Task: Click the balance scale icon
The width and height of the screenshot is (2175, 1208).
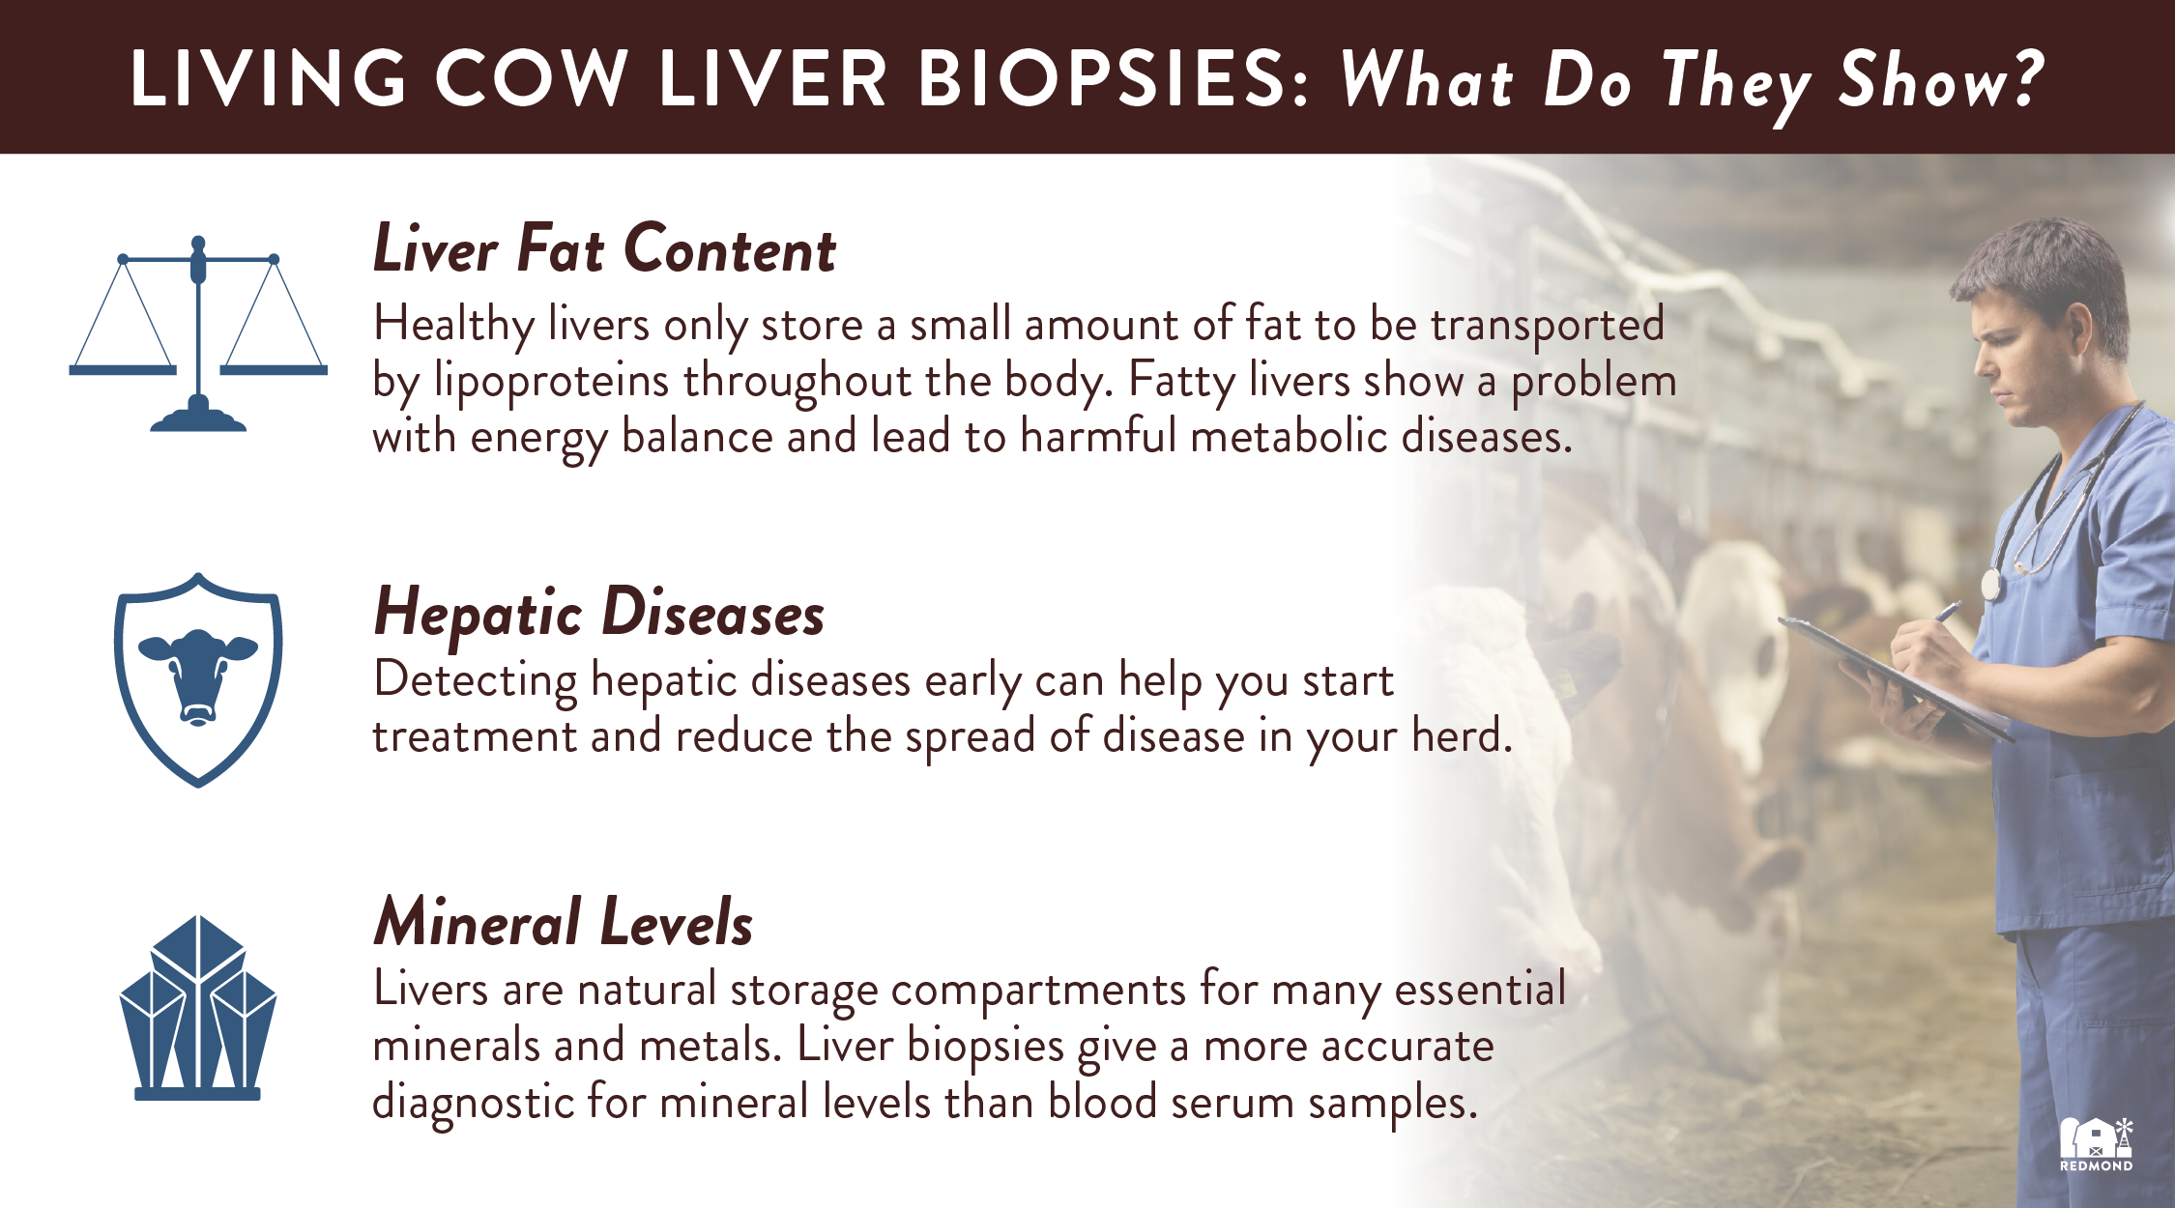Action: click(198, 333)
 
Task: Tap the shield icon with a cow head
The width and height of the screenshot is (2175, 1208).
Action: click(198, 679)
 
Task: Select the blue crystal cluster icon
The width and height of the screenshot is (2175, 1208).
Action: click(198, 1008)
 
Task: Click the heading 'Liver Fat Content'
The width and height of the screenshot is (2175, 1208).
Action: click(604, 249)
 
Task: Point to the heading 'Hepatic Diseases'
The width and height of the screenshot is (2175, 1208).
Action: click(599, 614)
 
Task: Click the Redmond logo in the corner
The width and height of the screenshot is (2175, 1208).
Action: click(2096, 1145)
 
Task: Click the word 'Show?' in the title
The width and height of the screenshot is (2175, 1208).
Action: click(1941, 79)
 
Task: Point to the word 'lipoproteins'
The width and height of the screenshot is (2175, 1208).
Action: click(551, 381)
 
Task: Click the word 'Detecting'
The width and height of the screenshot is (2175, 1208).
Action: click(476, 681)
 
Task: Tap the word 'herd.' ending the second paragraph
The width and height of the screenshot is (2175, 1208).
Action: click(1462, 735)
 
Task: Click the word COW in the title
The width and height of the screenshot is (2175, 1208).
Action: click(531, 78)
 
